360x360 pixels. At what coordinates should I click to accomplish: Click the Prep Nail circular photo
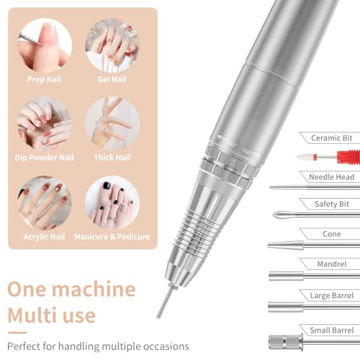pyautogui.click(x=45, y=45)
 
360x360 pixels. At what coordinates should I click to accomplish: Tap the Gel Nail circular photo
pyautogui.click(x=112, y=45)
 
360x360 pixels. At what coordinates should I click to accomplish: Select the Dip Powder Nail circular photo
pyautogui.click(x=45, y=124)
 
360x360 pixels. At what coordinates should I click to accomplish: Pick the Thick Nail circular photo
pyautogui.click(x=112, y=124)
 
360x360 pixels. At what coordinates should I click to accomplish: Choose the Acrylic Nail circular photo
pyautogui.click(x=45, y=203)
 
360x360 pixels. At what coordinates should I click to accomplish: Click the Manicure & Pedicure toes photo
pyautogui.click(x=112, y=203)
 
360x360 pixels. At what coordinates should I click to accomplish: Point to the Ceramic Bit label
pyautogui.click(x=331, y=138)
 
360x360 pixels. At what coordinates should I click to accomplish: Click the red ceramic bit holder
pyautogui.click(x=348, y=157)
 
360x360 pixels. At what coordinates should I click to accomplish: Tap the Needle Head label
pyautogui.click(x=332, y=177)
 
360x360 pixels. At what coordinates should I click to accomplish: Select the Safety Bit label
pyautogui.click(x=332, y=204)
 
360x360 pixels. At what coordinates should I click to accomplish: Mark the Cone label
pyautogui.click(x=332, y=234)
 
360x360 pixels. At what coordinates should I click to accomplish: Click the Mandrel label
pyautogui.click(x=332, y=264)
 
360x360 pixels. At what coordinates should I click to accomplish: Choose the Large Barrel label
pyautogui.click(x=332, y=295)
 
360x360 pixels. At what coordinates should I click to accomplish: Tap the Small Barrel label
pyautogui.click(x=332, y=330)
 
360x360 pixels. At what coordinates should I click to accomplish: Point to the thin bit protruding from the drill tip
pyautogui.click(x=165, y=301)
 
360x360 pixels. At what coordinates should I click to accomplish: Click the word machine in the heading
pyautogui.click(x=94, y=289)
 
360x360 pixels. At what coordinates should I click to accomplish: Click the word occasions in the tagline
pyautogui.click(x=166, y=346)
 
